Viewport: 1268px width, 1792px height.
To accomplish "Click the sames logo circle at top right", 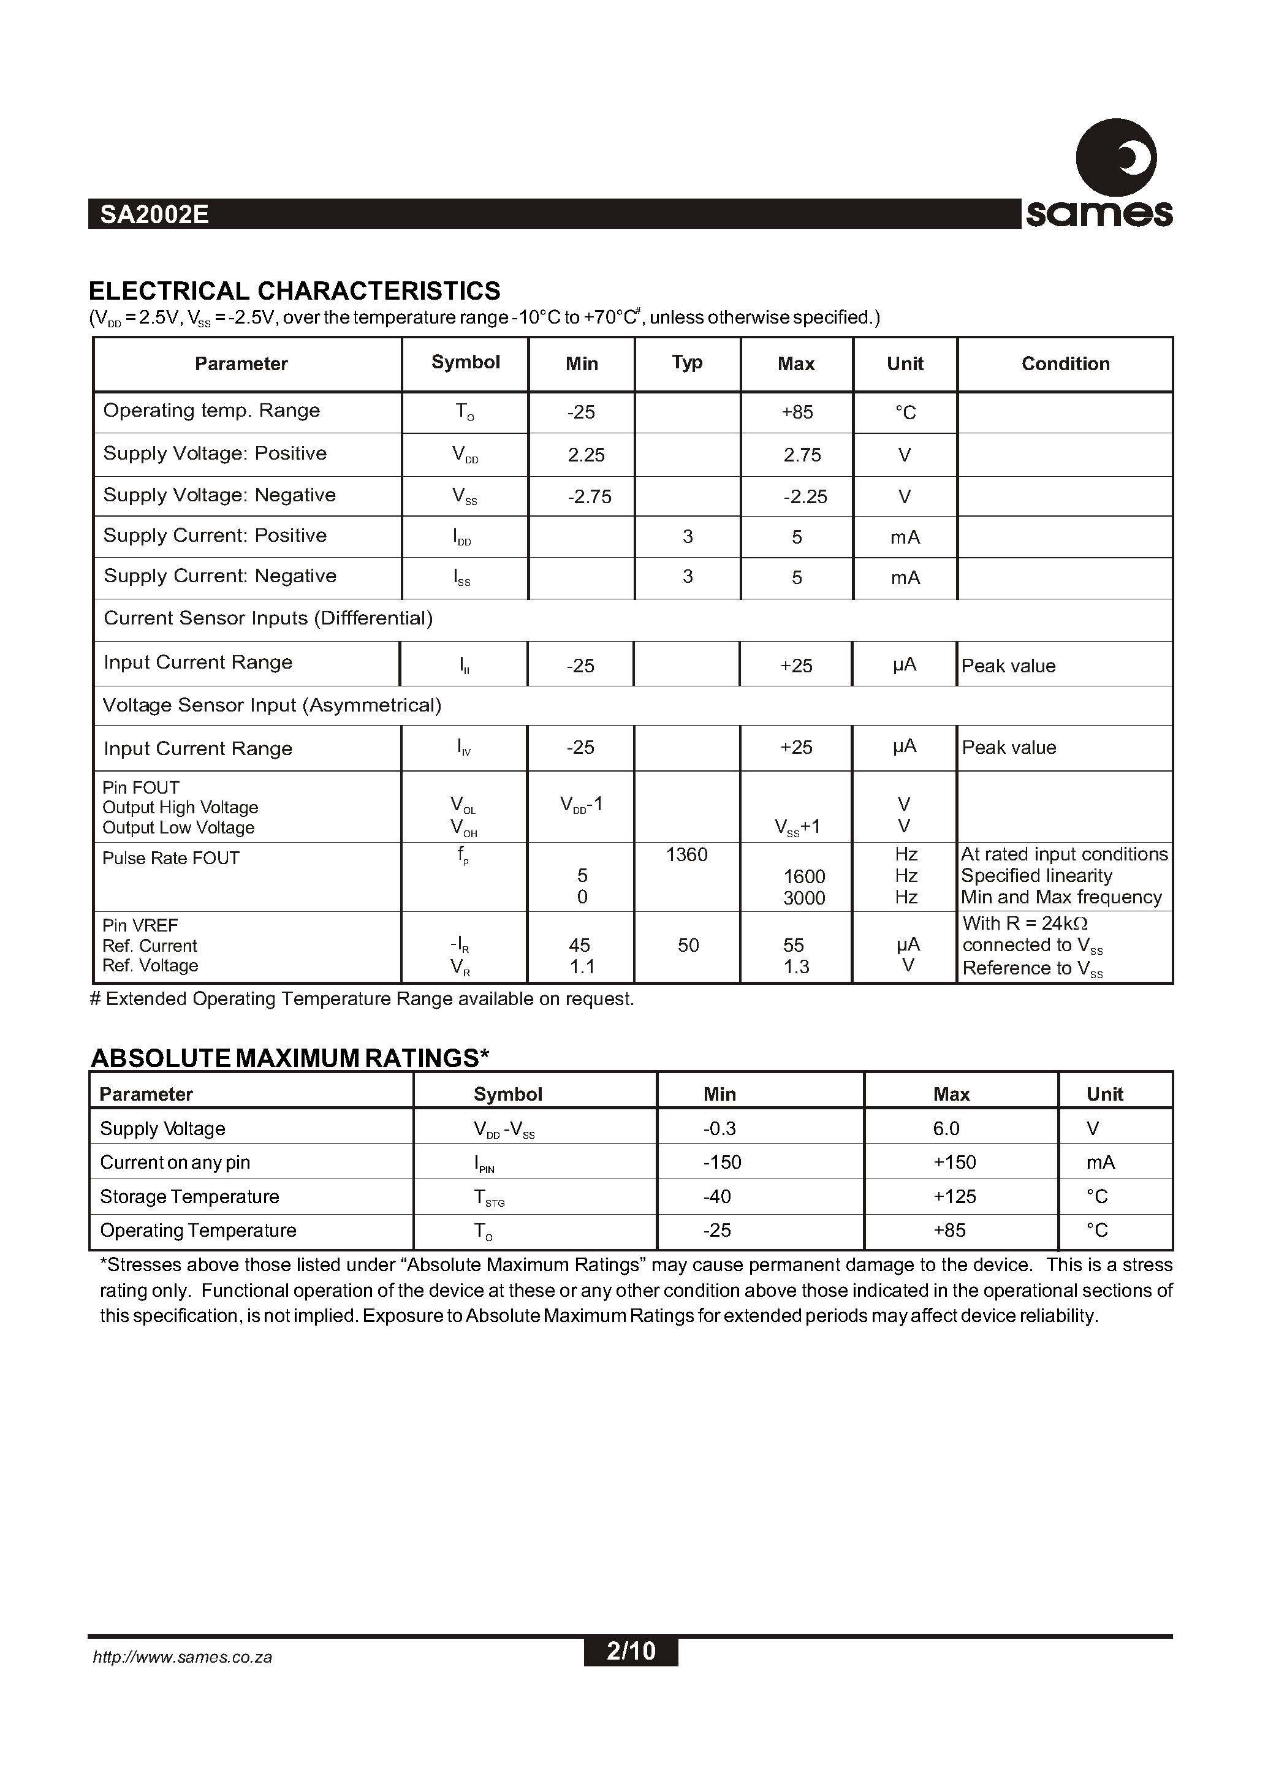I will click(1116, 158).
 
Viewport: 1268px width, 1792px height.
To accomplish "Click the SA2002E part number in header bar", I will click(154, 215).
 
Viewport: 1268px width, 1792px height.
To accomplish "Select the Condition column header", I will click(1065, 364).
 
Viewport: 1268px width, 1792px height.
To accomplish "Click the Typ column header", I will click(687, 362).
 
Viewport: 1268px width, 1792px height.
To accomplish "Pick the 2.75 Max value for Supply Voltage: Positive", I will click(802, 455).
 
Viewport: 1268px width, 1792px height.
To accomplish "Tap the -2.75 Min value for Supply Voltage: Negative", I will click(590, 496).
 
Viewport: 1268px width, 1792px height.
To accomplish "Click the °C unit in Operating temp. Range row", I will click(905, 412).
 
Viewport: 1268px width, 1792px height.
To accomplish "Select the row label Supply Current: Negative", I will click(219, 576).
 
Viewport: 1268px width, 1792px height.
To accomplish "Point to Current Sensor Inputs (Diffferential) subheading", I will click(268, 618).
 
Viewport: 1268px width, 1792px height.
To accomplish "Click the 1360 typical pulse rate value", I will click(686, 855).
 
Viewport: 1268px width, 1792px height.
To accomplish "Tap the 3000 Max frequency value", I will click(803, 898).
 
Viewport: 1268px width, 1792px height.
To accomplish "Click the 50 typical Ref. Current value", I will click(688, 946).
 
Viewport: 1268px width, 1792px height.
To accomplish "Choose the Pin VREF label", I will click(140, 925).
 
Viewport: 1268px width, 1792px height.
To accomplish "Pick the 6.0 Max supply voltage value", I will click(946, 1128).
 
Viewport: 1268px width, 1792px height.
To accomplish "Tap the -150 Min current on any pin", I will click(722, 1163).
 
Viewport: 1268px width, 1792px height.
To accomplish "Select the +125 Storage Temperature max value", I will click(954, 1197).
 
